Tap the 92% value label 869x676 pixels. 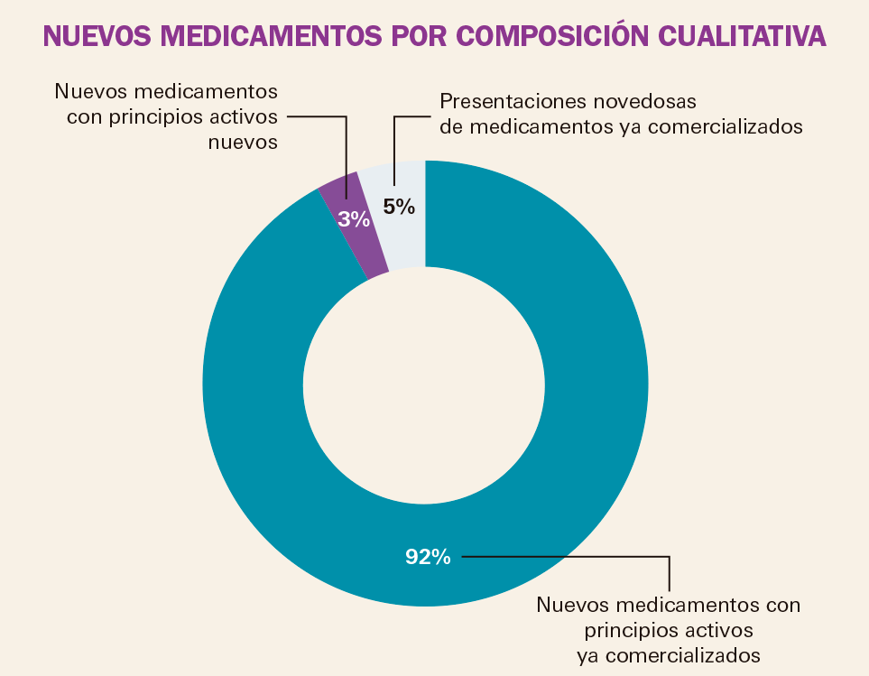click(427, 557)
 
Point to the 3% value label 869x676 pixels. click(354, 218)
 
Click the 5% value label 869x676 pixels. click(399, 207)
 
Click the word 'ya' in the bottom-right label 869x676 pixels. click(587, 653)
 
